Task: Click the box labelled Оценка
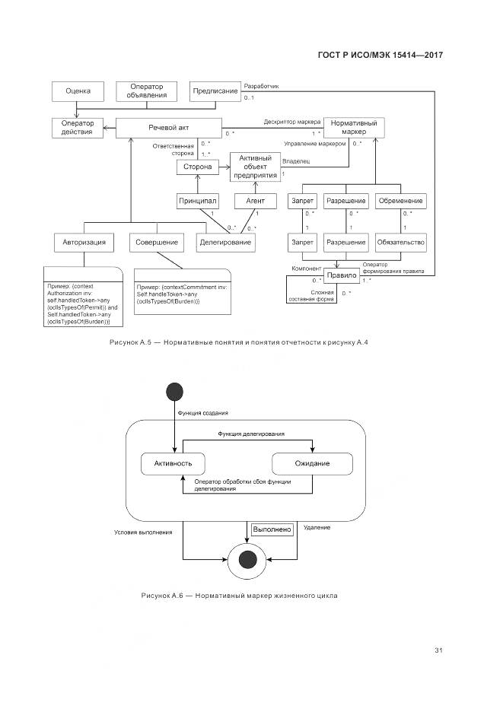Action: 78,91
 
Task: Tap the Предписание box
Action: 215,91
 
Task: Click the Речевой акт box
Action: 168,129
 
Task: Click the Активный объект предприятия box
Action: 255,167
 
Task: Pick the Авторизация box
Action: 84,243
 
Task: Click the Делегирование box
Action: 225,243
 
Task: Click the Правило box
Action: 341,275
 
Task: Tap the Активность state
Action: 173,463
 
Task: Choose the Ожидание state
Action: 312,463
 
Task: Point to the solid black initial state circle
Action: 174,392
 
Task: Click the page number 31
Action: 438,650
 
